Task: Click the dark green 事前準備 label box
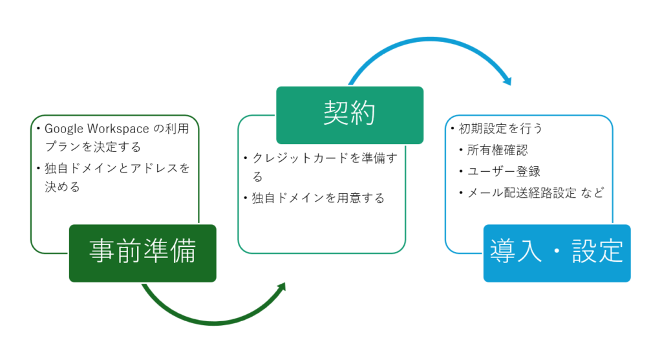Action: [142, 253]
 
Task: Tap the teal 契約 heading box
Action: [350, 115]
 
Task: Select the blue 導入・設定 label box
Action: [557, 253]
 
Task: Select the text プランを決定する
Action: [92, 147]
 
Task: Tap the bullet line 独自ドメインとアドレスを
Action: [117, 168]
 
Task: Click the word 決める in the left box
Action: [62, 187]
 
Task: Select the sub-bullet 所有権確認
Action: [497, 150]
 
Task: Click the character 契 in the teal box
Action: [336, 115]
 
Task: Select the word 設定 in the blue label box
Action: [598, 253]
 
